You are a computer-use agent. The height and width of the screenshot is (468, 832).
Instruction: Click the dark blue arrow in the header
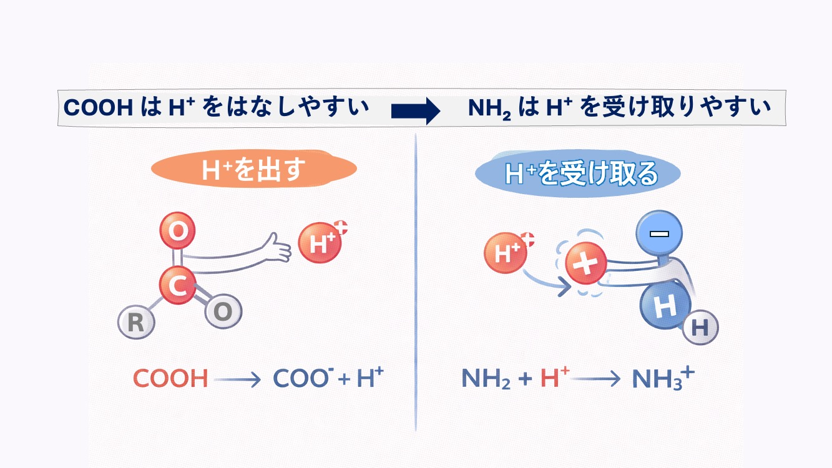415,111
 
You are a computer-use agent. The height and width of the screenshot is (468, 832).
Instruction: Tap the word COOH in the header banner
99,107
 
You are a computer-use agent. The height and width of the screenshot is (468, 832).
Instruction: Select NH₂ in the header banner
490,108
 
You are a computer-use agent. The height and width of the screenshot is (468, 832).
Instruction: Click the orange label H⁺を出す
253,169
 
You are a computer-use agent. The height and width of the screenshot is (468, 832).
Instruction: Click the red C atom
178,285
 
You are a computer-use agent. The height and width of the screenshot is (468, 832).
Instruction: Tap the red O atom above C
178,232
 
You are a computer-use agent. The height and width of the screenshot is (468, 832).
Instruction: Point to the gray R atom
135,323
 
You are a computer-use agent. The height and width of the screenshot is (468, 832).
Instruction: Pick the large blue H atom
665,306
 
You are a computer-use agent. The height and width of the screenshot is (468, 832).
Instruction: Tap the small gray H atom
700,328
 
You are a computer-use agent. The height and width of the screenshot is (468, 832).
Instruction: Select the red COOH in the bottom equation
170,379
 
